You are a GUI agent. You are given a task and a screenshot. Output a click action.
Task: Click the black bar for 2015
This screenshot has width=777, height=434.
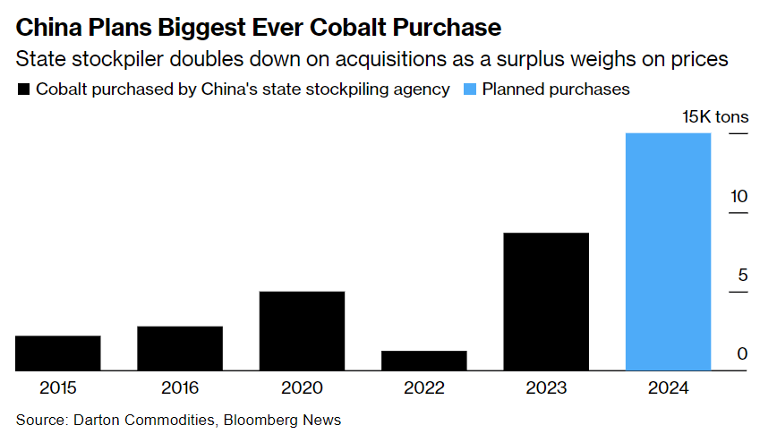[x=58, y=353]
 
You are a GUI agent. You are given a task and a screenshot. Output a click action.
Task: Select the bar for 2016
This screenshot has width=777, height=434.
[x=180, y=348]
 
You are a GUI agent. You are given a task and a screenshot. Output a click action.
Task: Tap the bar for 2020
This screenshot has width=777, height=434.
[x=302, y=330]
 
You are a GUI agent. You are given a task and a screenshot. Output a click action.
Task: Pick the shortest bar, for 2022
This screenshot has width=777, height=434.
[x=423, y=361]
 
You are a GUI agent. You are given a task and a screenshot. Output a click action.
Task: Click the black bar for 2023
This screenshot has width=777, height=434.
[x=546, y=302]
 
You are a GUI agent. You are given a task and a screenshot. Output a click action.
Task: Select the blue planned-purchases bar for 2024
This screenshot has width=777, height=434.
[x=668, y=251]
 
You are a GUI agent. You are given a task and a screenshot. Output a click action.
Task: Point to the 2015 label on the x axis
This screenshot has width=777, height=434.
[x=58, y=388]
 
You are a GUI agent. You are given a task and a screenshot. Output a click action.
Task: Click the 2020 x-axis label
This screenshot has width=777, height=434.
[x=302, y=388]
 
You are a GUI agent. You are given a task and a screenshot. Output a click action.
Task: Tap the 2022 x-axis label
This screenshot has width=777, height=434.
[x=423, y=388]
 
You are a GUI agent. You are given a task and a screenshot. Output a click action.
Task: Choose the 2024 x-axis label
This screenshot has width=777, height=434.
[x=668, y=388]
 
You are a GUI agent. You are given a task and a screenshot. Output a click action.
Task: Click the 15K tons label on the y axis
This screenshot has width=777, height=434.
[x=715, y=117]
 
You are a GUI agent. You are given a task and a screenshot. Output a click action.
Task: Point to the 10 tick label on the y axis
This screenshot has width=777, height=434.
[x=738, y=196]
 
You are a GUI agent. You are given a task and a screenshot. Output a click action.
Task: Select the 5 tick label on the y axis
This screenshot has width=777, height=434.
[x=742, y=275]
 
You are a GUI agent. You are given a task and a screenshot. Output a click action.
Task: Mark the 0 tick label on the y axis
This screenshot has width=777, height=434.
[x=742, y=353]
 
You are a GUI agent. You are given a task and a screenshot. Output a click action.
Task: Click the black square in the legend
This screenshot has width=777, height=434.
[x=23, y=89]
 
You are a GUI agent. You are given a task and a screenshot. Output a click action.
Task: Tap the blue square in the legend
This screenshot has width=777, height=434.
[x=469, y=89]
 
